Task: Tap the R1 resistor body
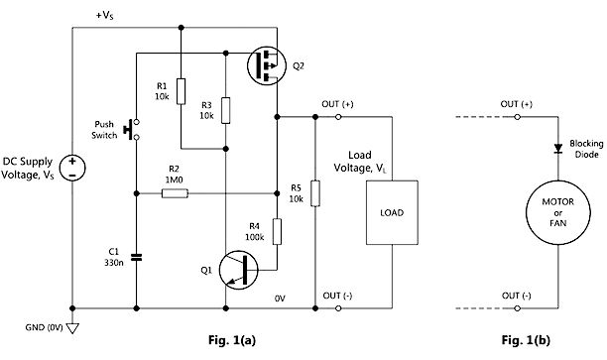[x=182, y=89]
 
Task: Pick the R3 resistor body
[x=226, y=109]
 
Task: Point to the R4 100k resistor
[x=277, y=232]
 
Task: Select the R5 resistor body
[x=315, y=193]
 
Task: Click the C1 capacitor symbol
[x=136, y=259]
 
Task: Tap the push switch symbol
[x=133, y=130]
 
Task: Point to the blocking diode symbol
[x=556, y=151]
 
